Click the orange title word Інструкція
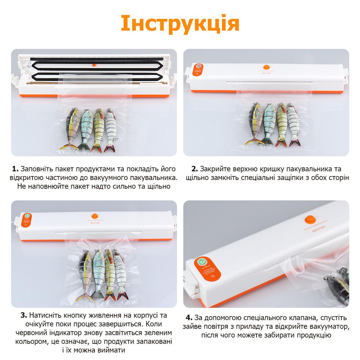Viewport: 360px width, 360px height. [x=180, y=23]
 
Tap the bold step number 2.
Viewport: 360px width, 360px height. [x=195, y=169]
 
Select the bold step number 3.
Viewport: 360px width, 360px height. [x=24, y=316]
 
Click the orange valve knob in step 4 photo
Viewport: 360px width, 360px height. [x=309, y=220]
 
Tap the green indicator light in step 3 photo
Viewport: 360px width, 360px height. [x=27, y=215]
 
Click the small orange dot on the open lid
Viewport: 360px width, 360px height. [x=94, y=64]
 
